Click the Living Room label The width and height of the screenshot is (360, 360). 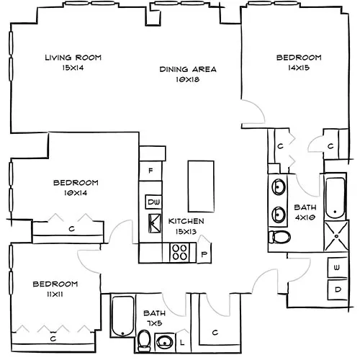[72, 58]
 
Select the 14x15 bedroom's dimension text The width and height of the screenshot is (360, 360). [299, 67]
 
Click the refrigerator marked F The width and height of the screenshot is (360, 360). [150, 171]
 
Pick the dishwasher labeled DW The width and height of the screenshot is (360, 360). [153, 201]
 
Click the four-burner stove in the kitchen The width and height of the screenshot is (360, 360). [179, 252]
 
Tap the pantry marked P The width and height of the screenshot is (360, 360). [204, 253]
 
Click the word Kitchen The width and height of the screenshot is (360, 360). [186, 221]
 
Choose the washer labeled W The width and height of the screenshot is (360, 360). [337, 267]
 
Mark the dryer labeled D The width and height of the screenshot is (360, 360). [337, 289]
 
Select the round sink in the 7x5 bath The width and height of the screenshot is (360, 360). [166, 341]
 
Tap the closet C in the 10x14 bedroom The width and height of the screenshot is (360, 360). [72, 229]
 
